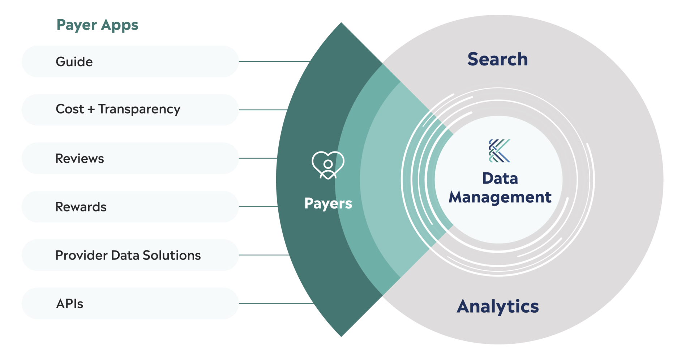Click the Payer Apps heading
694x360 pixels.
click(x=98, y=25)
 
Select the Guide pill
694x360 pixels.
click(x=130, y=61)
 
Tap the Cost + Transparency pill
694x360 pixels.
click(x=130, y=110)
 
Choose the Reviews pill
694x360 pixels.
click(x=130, y=158)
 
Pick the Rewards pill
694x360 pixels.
click(x=130, y=206)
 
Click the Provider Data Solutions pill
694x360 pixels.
click(x=130, y=255)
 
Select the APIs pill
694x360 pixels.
click(x=130, y=303)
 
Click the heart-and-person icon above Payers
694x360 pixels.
click(x=328, y=165)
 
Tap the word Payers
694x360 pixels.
click(x=328, y=203)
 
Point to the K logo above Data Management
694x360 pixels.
click(x=499, y=151)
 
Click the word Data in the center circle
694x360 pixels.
click(x=500, y=178)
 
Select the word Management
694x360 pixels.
click(x=500, y=197)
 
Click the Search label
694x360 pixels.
click(x=497, y=59)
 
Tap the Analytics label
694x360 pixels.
click(x=497, y=307)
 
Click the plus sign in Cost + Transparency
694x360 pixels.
click(x=91, y=109)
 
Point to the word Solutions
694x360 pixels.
click(x=172, y=255)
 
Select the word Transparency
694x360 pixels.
click(x=139, y=109)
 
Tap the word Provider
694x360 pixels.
click(x=81, y=255)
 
